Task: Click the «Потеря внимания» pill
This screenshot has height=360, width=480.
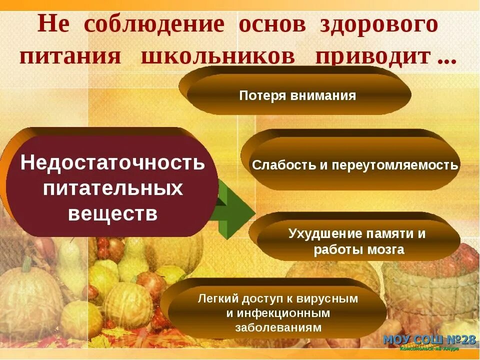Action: click(297, 95)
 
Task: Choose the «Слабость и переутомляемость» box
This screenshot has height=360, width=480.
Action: click(355, 165)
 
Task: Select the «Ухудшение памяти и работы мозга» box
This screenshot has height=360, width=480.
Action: click(357, 241)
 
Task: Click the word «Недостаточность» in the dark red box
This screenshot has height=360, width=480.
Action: click(112, 163)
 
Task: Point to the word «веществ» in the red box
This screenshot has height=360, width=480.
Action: click(112, 214)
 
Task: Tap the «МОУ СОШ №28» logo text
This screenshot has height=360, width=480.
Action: click(429, 340)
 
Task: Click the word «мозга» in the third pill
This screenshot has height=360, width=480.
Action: click(385, 250)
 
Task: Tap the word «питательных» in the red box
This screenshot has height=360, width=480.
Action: click(112, 188)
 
